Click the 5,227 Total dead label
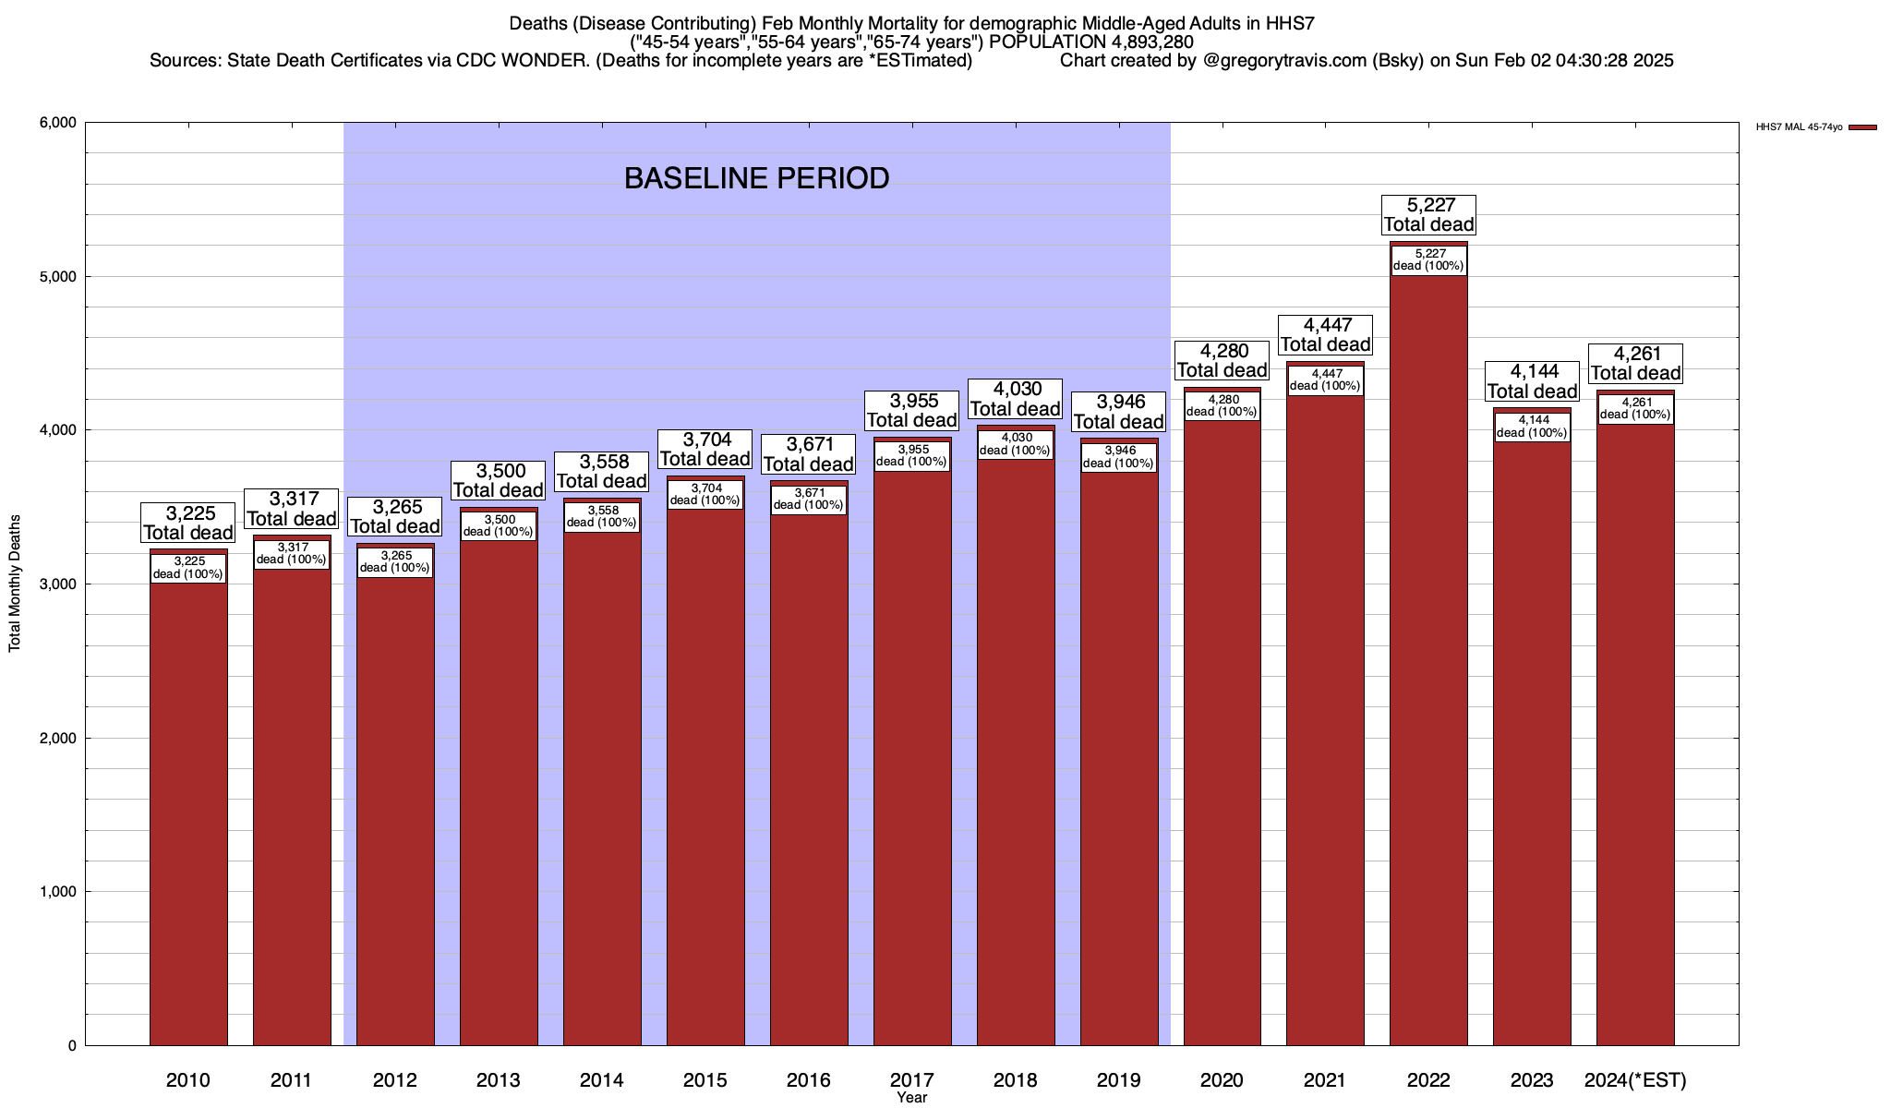[1428, 214]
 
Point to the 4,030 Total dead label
[1015, 399]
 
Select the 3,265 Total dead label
[395, 516]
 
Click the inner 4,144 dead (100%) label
[1532, 427]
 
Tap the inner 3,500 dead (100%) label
[499, 525]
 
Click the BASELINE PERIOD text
[756, 178]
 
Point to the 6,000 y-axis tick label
[57, 123]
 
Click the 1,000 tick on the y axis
[57, 892]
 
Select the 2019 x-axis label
[1118, 1079]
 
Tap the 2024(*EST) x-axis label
[1634, 1079]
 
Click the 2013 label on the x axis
[499, 1079]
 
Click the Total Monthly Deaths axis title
[15, 584]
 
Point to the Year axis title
[911, 1098]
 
